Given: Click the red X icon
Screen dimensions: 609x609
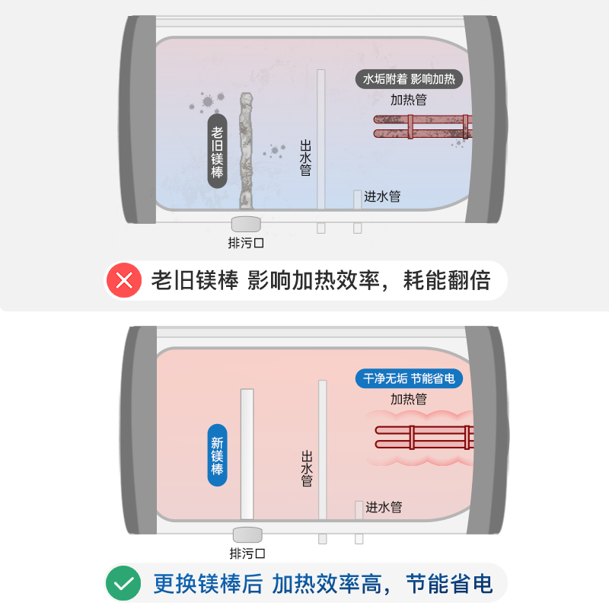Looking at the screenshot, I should (x=124, y=281).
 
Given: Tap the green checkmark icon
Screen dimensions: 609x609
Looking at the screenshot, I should (x=124, y=584).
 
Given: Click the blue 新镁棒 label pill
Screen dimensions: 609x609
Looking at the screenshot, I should (x=218, y=455).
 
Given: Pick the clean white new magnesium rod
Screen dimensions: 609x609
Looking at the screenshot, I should (x=247, y=454).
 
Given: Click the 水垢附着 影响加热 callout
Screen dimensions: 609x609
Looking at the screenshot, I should (x=410, y=79).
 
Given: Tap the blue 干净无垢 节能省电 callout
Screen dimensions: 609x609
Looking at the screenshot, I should (x=410, y=378).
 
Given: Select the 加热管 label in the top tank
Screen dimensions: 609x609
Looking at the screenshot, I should (x=408, y=100).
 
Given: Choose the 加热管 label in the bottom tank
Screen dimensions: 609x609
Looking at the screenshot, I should (x=408, y=399).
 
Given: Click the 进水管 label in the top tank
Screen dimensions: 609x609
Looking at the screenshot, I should (x=382, y=196).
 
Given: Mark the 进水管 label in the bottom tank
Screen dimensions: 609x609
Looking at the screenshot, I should (x=384, y=507).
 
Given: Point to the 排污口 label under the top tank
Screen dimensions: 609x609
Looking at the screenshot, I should (x=247, y=244).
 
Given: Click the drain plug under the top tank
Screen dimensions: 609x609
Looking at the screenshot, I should (x=247, y=223).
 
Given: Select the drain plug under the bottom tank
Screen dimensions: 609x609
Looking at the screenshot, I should (x=247, y=534).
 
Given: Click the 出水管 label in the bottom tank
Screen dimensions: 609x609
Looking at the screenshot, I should (x=307, y=468).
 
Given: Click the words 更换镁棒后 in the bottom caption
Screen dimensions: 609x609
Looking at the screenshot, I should (x=208, y=584).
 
